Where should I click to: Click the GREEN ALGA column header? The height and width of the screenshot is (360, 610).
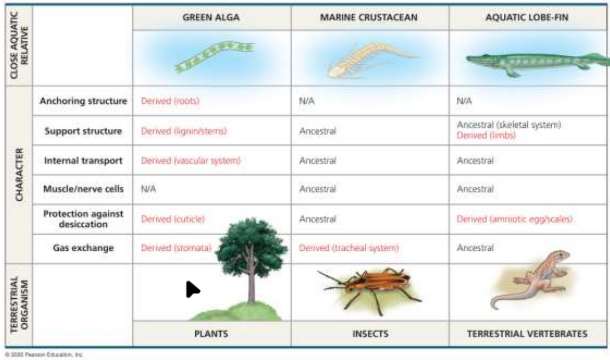pyautogui.click(x=211, y=18)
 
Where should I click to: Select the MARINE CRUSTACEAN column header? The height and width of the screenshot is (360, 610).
pyautogui.click(x=369, y=18)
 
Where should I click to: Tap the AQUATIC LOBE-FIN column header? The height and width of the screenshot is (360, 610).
pyautogui.click(x=527, y=18)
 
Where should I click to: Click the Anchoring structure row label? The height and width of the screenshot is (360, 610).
pyautogui.click(x=83, y=101)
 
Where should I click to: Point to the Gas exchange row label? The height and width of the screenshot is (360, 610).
pyautogui.click(x=83, y=248)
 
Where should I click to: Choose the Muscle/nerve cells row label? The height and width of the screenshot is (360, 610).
pyautogui.click(x=83, y=189)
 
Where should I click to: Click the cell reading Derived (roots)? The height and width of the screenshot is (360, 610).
pyautogui.click(x=170, y=101)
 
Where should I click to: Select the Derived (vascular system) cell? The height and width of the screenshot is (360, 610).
pyautogui.click(x=190, y=161)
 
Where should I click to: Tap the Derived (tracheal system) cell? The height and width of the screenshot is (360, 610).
pyautogui.click(x=349, y=248)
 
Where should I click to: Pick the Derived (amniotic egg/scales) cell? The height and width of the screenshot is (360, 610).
pyautogui.click(x=514, y=219)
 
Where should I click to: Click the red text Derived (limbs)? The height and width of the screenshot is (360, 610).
pyautogui.click(x=486, y=136)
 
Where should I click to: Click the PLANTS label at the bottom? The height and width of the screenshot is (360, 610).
pyautogui.click(x=211, y=334)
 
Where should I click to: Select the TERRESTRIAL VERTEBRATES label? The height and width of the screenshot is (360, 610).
pyautogui.click(x=527, y=334)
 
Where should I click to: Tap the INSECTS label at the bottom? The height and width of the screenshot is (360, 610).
pyautogui.click(x=370, y=334)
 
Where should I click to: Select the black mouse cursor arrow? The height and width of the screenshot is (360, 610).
pyautogui.click(x=191, y=289)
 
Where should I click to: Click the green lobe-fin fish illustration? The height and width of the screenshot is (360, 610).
pyautogui.click(x=534, y=63)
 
